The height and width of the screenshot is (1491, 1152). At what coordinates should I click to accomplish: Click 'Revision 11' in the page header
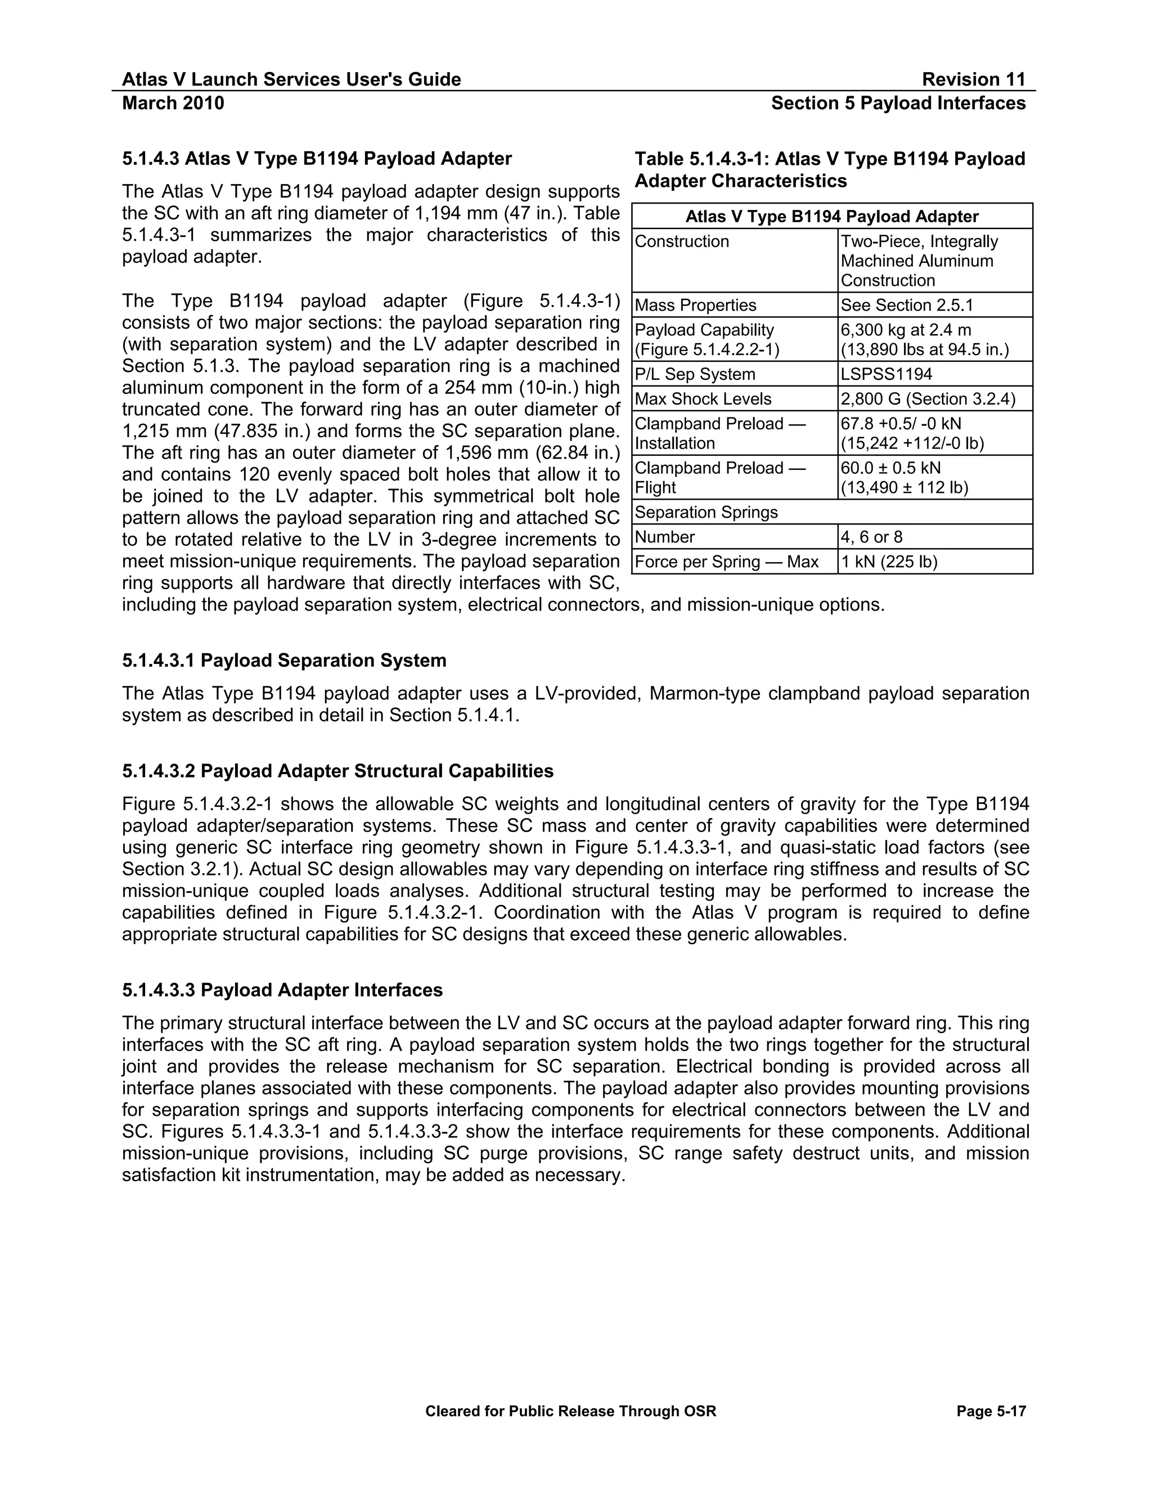click(x=973, y=79)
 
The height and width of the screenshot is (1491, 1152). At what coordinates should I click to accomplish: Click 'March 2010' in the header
click(x=173, y=103)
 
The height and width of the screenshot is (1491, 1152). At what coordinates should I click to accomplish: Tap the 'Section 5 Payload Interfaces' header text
click(x=898, y=103)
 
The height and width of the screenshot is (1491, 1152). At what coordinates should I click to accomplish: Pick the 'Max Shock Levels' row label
click(x=703, y=399)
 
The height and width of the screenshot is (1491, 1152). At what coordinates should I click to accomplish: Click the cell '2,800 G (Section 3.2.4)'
click(x=928, y=399)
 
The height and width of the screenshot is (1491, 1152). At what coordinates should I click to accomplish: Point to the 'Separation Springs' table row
click(x=706, y=512)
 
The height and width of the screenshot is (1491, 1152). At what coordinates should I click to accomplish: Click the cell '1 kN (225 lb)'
click(x=889, y=562)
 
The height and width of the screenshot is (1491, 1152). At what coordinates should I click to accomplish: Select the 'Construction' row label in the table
click(x=682, y=242)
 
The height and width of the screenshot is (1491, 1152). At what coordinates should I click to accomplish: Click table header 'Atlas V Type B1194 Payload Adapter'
click(x=831, y=217)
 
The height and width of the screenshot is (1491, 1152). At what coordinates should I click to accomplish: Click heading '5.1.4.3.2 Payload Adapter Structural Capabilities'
click(x=338, y=771)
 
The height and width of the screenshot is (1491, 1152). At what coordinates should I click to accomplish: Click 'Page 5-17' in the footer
click(x=991, y=1411)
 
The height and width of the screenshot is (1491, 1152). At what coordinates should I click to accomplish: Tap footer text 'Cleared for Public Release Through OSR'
click(x=570, y=1411)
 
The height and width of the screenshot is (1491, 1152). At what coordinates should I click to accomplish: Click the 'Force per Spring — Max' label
click(x=726, y=562)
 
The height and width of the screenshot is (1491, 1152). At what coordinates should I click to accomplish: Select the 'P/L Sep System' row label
click(x=695, y=374)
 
